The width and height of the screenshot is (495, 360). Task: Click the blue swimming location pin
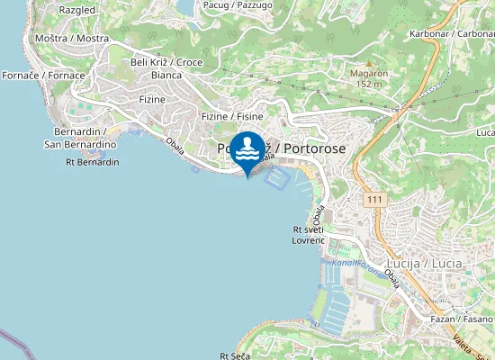click(x=247, y=151)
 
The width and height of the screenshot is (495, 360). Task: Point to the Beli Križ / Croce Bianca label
click(x=166, y=68)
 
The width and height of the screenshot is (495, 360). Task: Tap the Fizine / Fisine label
click(x=232, y=117)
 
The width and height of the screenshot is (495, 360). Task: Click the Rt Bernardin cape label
click(x=93, y=163)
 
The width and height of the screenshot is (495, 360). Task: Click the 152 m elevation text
click(x=369, y=84)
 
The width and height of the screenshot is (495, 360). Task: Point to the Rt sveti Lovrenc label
click(x=308, y=236)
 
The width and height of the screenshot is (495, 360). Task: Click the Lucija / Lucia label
click(x=434, y=264)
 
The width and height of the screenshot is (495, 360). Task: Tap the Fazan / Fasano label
click(x=462, y=319)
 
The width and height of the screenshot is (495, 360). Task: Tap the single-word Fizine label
click(x=152, y=99)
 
